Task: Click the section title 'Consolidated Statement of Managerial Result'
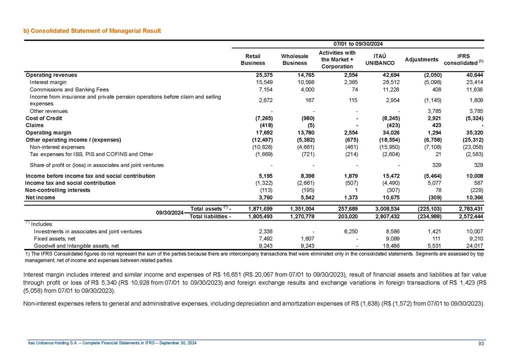pyautogui.click(x=96, y=31)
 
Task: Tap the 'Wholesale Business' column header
pyautogui.click(x=294, y=59)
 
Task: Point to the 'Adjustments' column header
pyautogui.click(x=421, y=59)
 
